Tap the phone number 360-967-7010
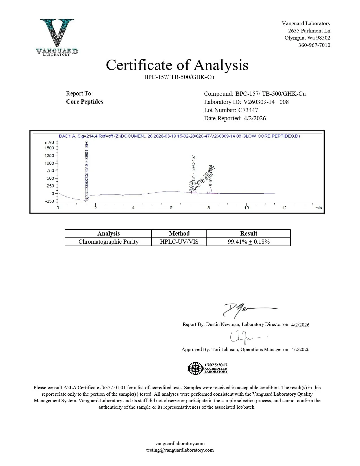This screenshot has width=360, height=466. [x=314, y=45]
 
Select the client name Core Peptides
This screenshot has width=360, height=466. [x=84, y=102]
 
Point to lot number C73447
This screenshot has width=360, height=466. [x=248, y=110]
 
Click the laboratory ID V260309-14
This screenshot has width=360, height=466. [x=259, y=102]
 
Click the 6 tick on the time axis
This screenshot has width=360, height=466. [x=171, y=208]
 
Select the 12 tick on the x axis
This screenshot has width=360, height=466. [x=284, y=208]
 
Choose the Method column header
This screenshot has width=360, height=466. [x=179, y=234]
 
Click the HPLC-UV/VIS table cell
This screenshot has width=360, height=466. [x=179, y=242]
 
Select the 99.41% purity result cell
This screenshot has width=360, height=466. [x=248, y=242]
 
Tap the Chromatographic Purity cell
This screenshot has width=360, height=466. [x=108, y=242]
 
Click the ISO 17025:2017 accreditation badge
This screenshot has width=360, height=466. [x=208, y=368]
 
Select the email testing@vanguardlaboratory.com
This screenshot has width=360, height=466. [x=180, y=450]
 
